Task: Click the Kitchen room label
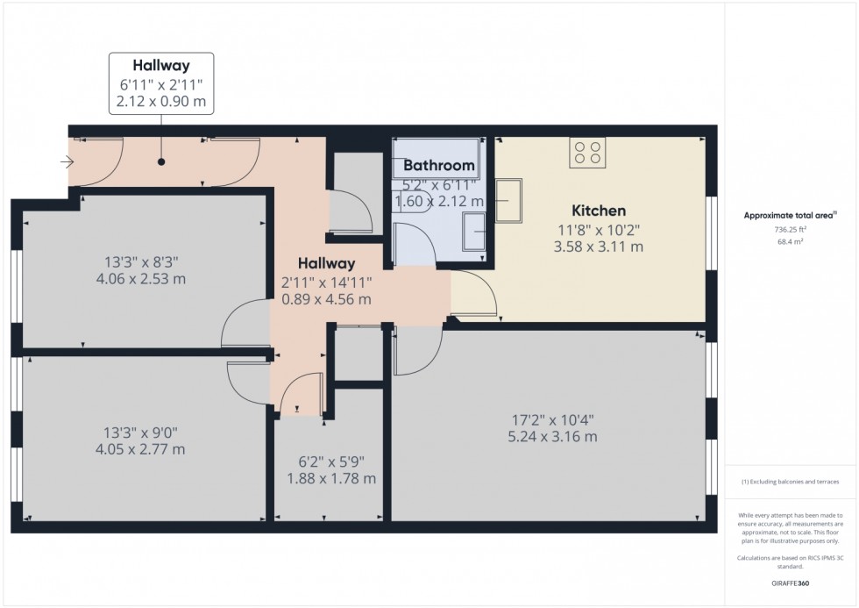point(599,211)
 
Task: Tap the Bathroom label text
point(439,165)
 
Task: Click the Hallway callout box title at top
point(160,65)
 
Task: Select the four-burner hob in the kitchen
point(587,153)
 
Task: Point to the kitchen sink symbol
point(507,201)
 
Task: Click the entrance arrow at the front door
point(67,161)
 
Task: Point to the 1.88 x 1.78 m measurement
point(332,478)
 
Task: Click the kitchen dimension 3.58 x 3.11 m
point(599,247)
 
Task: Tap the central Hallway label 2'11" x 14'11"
point(326,282)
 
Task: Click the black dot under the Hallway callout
point(160,161)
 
